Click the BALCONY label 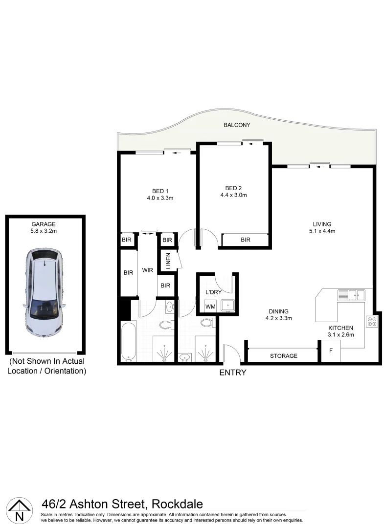237,125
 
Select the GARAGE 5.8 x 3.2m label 44,227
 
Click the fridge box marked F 330,351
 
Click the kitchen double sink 351,295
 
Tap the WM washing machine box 210,307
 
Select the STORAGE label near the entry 284,356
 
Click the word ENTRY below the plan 232,373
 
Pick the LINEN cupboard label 168,261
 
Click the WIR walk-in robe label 148,269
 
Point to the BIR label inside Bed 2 246,240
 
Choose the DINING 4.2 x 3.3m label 278,314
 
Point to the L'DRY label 214,292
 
